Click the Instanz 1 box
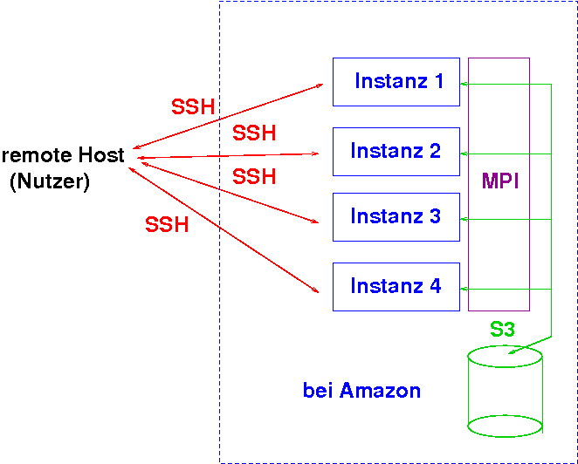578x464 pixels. [396, 82]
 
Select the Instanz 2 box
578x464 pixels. [396, 151]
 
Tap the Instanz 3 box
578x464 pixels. [396, 216]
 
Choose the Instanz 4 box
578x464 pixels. [396, 286]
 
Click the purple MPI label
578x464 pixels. [500, 181]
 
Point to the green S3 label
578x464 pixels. [502, 330]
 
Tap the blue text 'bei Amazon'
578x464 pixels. [361, 391]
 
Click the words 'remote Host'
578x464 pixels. [63, 156]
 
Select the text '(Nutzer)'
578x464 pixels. [50, 182]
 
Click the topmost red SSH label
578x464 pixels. [193, 107]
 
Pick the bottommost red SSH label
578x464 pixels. [167, 225]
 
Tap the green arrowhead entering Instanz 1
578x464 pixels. [464, 84]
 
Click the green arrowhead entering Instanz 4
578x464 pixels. [464, 289]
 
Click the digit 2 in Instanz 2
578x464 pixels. [434, 151]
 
